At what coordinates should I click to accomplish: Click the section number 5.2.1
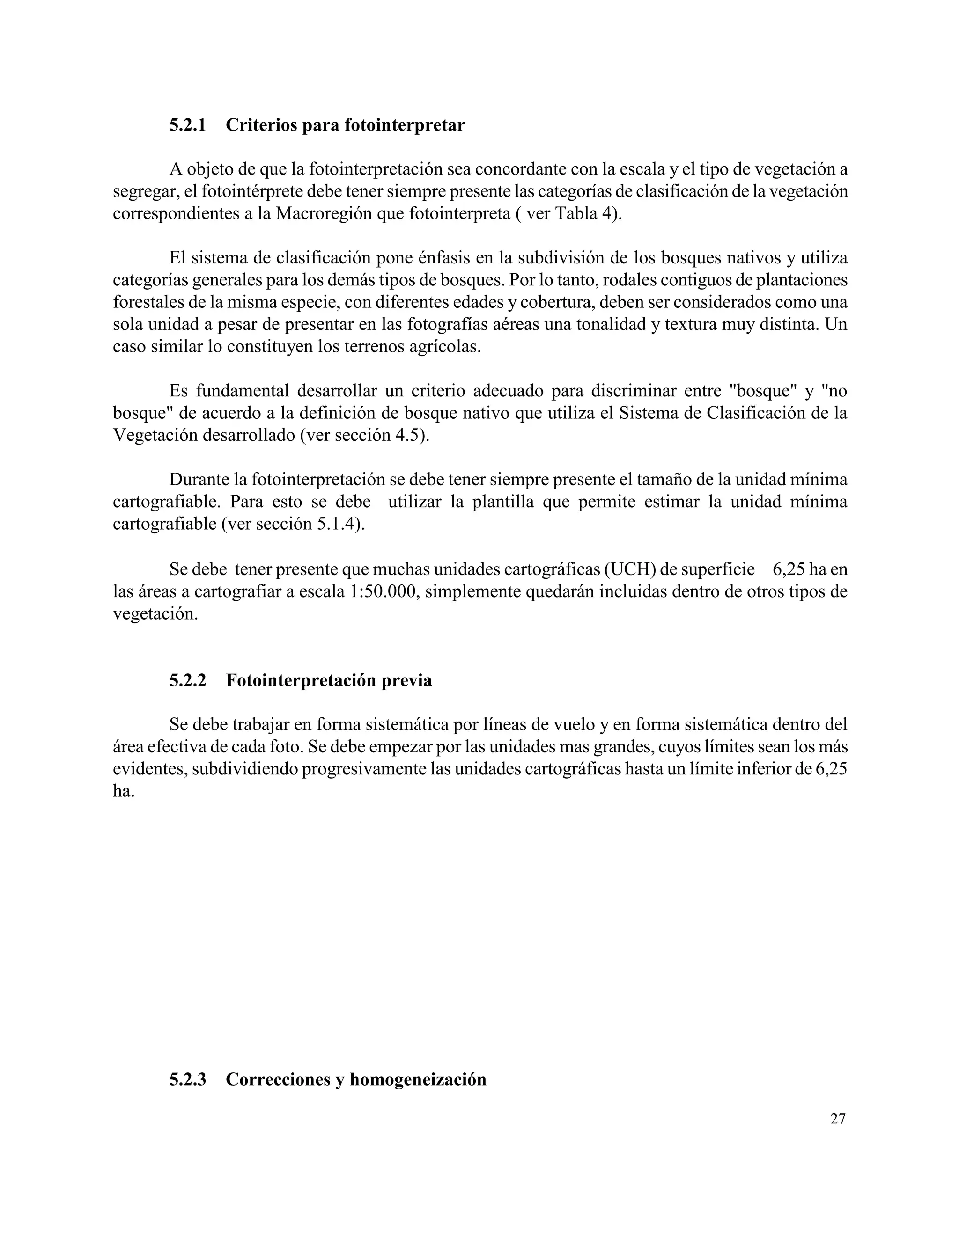pos(187,125)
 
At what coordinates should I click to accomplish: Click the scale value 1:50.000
pos(383,591)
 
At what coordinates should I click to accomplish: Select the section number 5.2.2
pos(187,680)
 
